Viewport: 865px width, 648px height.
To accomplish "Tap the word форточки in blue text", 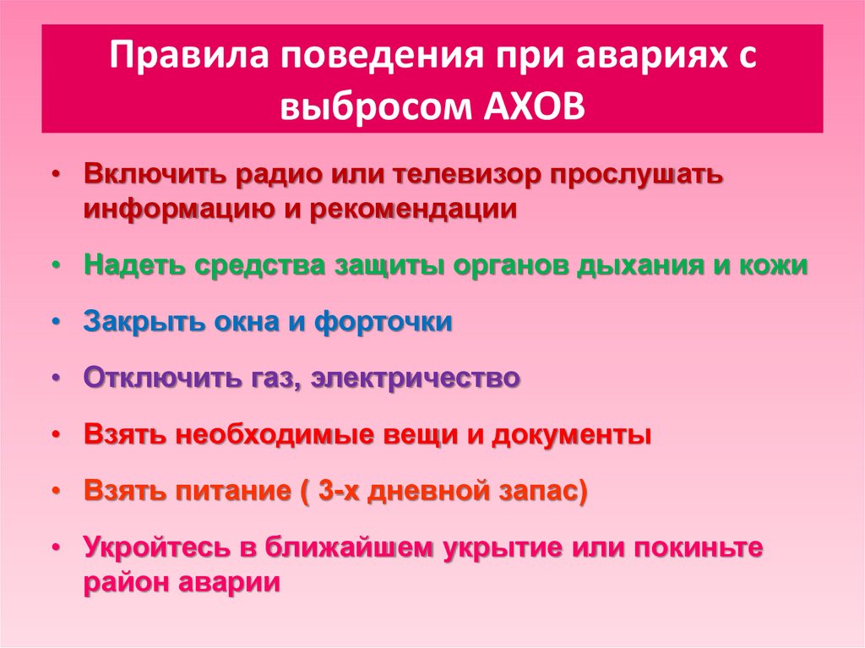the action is (384, 323).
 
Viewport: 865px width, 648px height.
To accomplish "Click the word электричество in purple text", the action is (416, 378).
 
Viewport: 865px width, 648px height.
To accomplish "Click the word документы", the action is (572, 435).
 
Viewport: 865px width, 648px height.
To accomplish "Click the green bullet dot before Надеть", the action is (55, 267).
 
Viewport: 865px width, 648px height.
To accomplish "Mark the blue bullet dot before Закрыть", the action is (55, 322).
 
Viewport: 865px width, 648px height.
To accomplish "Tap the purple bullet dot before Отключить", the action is (55, 378).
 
